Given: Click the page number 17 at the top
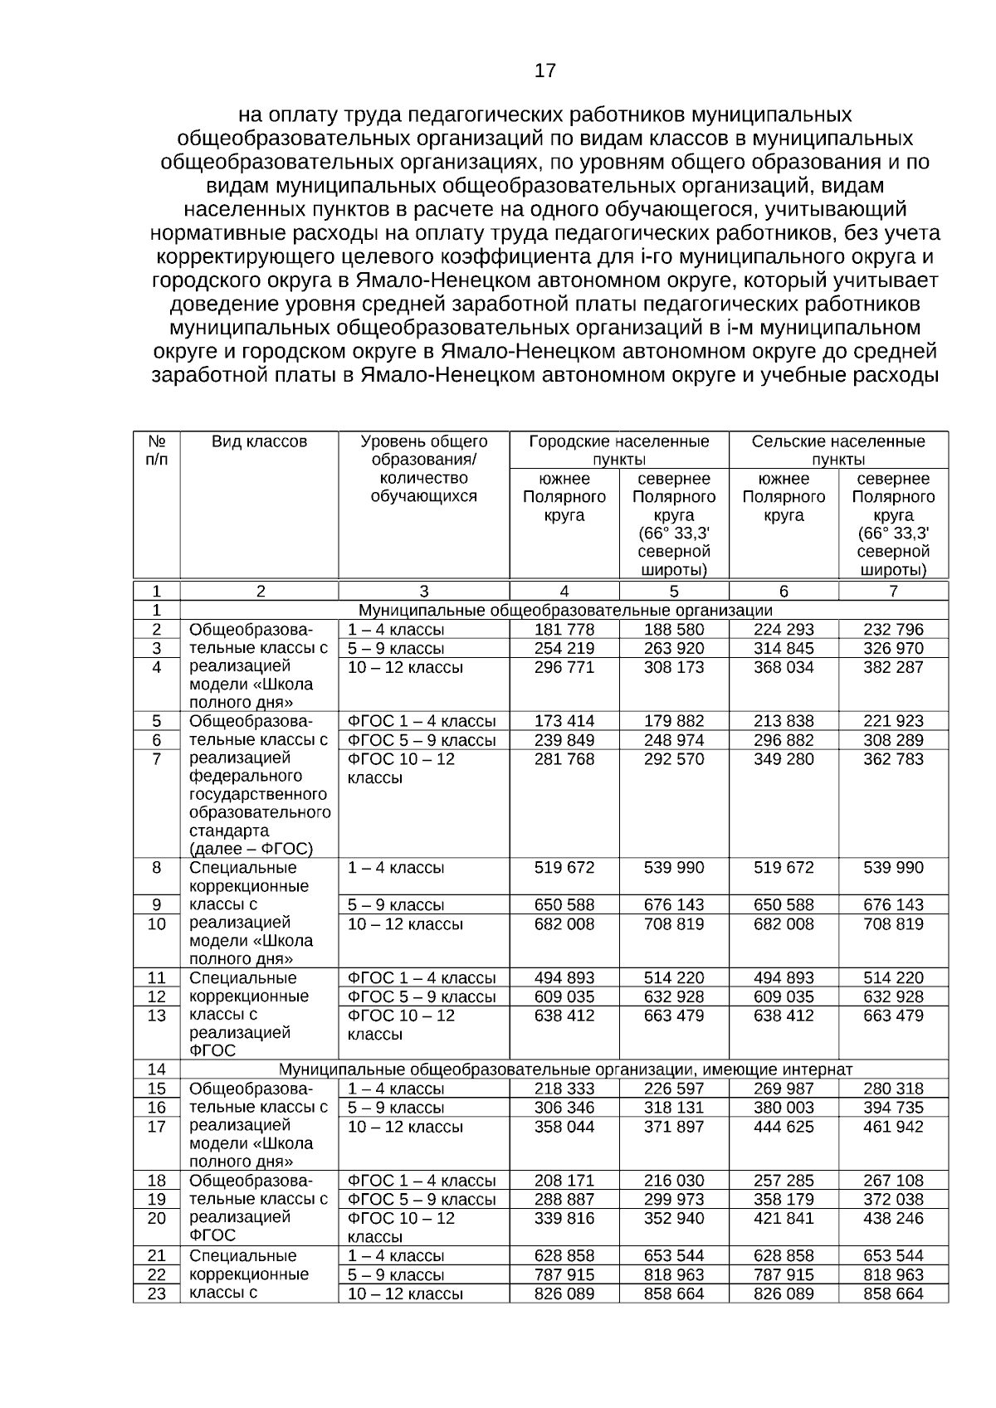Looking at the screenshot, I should [x=545, y=71].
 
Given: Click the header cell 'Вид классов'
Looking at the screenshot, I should [x=259, y=441].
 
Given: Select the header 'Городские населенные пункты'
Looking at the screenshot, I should [x=618, y=450].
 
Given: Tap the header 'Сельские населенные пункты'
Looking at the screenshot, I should [x=838, y=450].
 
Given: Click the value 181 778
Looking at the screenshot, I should [x=564, y=630].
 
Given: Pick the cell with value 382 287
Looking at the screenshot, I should [x=893, y=667].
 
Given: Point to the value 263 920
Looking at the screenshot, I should [x=674, y=649].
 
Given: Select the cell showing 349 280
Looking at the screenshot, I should [x=784, y=759].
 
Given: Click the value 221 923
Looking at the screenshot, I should [x=893, y=721].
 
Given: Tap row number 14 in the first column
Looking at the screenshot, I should [x=157, y=1069].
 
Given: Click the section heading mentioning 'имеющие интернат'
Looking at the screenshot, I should [x=565, y=1069].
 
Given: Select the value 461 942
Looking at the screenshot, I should [x=893, y=1127].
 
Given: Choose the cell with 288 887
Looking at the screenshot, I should [x=564, y=1199].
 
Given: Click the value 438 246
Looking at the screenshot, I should [x=893, y=1218].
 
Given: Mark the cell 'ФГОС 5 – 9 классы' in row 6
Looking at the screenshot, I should [x=422, y=740].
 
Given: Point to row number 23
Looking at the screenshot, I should [x=157, y=1294].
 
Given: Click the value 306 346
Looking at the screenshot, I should [x=564, y=1108].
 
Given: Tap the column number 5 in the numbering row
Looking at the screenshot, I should [x=674, y=592].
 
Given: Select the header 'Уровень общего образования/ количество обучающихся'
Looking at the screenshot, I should [x=423, y=469].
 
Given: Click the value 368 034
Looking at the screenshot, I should [x=784, y=667].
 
